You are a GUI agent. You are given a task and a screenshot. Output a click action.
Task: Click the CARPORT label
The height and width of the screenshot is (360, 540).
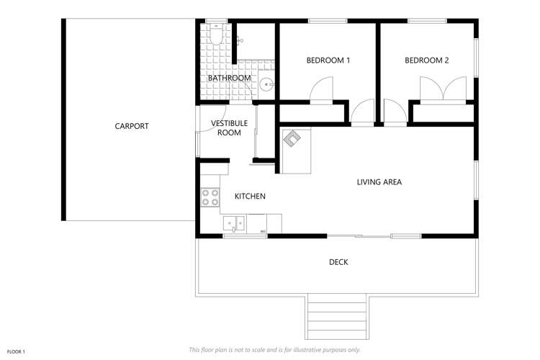coord(132,126)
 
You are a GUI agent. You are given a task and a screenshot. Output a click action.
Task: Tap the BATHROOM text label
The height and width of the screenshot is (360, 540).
coord(229,78)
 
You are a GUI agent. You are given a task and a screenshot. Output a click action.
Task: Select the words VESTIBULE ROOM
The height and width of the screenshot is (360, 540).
coord(229,128)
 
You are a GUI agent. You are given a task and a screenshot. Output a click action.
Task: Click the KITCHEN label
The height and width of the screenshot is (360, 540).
coord(250,196)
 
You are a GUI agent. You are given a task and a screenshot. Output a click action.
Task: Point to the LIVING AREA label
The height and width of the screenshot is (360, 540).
coord(379,182)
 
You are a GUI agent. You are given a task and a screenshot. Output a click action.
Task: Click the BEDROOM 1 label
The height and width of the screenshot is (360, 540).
coord(328,60)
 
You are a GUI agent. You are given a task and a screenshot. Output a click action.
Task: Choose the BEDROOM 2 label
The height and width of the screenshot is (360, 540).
coord(426,60)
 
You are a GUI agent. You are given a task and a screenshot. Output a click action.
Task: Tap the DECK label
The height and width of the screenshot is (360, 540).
coord(338,262)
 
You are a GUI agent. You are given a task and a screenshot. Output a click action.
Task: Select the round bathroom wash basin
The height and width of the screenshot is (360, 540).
coord(267,85)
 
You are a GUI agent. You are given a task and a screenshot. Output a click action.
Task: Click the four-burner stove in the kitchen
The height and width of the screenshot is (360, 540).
coord(210,197)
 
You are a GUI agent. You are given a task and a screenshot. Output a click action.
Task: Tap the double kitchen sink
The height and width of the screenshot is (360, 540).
coord(234,223)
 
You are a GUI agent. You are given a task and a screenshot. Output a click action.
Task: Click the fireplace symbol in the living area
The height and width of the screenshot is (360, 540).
coord(292,138)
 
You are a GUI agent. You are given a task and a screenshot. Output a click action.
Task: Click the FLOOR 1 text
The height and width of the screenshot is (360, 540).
coord(16,351)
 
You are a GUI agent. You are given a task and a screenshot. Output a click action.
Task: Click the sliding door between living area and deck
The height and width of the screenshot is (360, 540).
coord(360,235)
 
